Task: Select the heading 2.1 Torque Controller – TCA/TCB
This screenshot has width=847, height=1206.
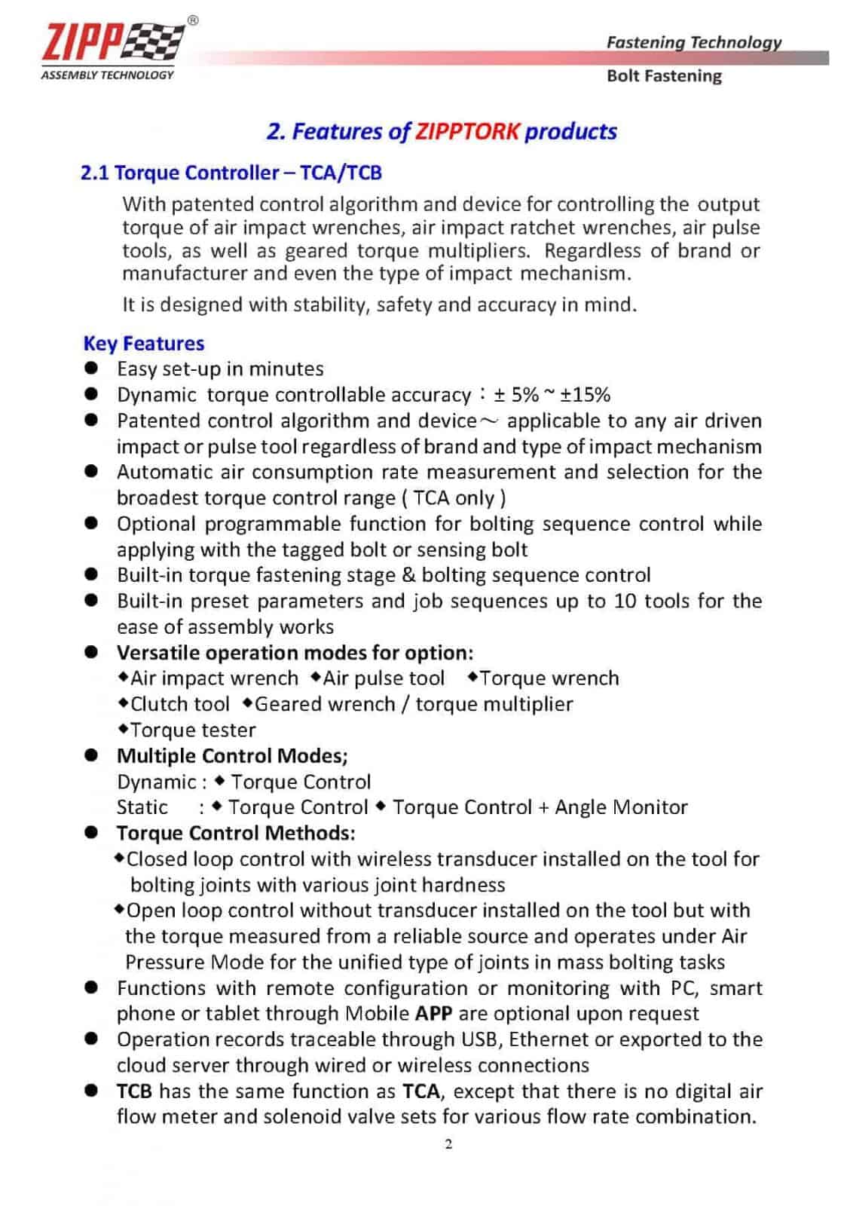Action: point(231,173)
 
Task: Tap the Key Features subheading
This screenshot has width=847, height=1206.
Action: point(143,344)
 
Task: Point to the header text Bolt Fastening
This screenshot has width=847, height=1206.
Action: point(663,76)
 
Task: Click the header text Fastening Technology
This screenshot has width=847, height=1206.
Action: point(693,42)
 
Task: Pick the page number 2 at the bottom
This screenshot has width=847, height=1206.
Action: point(449,1144)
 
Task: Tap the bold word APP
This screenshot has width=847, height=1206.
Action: point(433,1014)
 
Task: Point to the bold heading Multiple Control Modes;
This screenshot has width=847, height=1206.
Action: point(232,756)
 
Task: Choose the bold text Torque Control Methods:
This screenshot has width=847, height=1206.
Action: point(236,833)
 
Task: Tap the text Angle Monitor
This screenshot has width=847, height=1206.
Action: point(621,807)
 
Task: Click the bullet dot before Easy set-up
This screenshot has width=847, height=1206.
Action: point(92,369)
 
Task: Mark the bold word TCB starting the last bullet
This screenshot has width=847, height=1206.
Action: point(134,1091)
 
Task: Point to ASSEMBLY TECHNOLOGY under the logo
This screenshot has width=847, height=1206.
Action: point(107,75)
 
